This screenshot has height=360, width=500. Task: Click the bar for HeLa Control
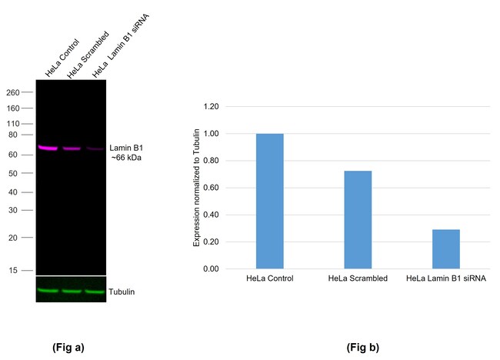[270, 202]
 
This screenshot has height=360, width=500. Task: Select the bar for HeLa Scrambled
[358, 220]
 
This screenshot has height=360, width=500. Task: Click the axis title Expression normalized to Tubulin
[196, 188]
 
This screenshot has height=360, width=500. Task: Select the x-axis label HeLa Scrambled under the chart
[358, 278]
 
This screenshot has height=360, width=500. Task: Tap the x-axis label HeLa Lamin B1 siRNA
[445, 278]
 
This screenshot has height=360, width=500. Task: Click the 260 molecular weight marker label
[12, 92]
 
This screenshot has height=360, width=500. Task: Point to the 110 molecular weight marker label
[12, 123]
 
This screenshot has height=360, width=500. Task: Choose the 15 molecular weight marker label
[15, 270]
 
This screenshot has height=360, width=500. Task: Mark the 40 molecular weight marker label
[15, 192]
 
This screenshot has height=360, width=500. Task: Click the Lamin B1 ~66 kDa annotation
[127, 152]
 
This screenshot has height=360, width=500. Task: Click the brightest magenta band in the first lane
[48, 148]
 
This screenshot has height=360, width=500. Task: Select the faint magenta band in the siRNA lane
[94, 148]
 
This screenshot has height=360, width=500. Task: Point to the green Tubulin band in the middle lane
[72, 292]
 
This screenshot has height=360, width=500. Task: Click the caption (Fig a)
[68, 347]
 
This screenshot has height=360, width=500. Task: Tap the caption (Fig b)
[363, 347]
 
